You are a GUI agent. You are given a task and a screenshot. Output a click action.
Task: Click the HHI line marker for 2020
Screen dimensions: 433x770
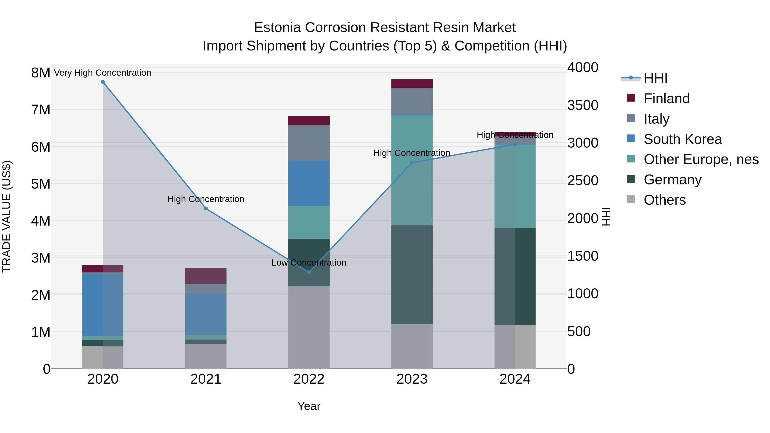[103, 82]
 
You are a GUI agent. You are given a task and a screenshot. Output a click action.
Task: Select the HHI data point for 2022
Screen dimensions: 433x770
[309, 272]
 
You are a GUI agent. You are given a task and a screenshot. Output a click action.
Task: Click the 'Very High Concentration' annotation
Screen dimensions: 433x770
[102, 73]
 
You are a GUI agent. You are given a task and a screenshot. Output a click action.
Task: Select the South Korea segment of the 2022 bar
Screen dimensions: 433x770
[309, 183]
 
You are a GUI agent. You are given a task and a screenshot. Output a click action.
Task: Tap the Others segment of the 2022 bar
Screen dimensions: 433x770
[309, 327]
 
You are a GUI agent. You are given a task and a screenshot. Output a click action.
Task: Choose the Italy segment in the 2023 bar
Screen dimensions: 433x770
[412, 101]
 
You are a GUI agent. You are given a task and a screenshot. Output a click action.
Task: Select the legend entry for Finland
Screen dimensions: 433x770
[666, 99]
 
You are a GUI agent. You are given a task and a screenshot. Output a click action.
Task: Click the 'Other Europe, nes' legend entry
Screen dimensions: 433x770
[701, 159]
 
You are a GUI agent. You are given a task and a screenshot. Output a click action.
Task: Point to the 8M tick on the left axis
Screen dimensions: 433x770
[41, 73]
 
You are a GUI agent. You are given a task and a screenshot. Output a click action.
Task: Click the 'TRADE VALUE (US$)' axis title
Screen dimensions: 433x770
[7, 216]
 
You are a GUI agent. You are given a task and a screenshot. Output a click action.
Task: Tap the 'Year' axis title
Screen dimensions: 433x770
[309, 406]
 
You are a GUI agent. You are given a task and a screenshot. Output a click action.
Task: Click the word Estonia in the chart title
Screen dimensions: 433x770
[277, 28]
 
